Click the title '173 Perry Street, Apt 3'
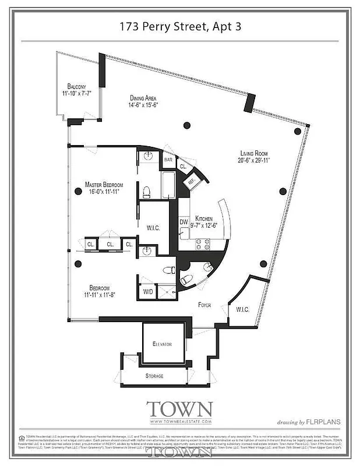[179, 26]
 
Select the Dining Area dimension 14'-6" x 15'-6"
[143, 105]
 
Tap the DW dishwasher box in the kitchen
[183, 222]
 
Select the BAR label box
[168, 159]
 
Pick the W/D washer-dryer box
[148, 291]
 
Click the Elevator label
[162, 344]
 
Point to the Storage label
[154, 376]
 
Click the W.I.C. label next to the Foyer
[243, 309]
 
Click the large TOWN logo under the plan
[179, 409]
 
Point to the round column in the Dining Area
[186, 125]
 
